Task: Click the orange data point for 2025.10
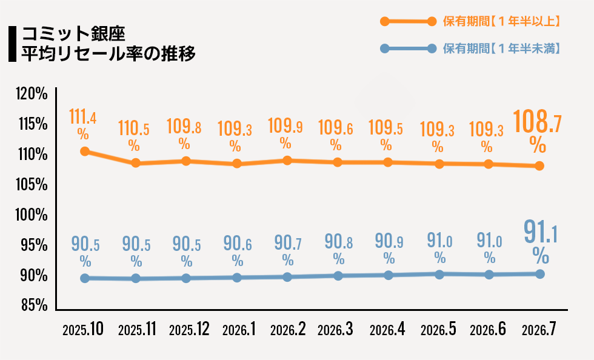(85, 152)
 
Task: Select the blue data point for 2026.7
(540, 274)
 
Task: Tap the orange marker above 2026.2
(287, 160)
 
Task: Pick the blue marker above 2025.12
(186, 278)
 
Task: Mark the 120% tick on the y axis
(32, 93)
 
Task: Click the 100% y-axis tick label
(32, 215)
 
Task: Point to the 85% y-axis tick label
(35, 305)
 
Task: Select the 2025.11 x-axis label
(137, 329)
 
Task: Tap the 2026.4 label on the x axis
(387, 329)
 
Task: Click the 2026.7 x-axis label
(539, 329)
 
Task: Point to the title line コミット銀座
(73, 34)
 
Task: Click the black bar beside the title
(13, 44)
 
